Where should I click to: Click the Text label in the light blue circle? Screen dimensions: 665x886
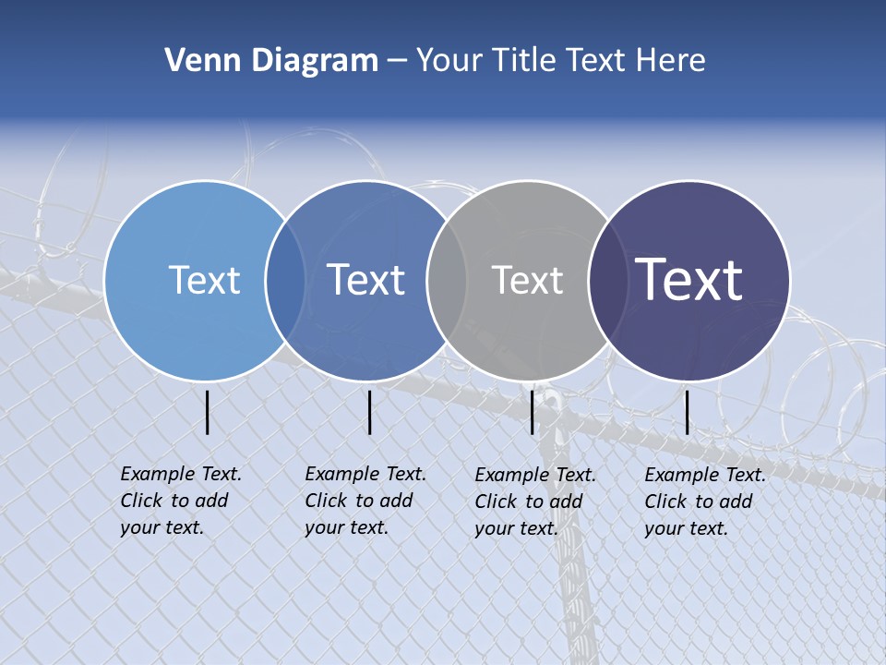(204, 280)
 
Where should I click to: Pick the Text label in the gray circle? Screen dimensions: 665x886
(527, 281)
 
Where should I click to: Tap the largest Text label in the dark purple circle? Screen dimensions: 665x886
(689, 279)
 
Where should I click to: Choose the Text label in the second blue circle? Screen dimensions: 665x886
(365, 280)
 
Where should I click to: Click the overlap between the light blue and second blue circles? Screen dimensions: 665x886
(284, 280)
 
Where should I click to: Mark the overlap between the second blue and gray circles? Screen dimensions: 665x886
(446, 280)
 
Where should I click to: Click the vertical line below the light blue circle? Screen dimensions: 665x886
(208, 412)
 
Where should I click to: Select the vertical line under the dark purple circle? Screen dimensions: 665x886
(687, 412)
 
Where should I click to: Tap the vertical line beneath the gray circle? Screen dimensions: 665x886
(533, 412)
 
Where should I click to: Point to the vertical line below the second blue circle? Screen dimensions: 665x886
(369, 412)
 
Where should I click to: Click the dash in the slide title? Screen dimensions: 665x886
(397, 61)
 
